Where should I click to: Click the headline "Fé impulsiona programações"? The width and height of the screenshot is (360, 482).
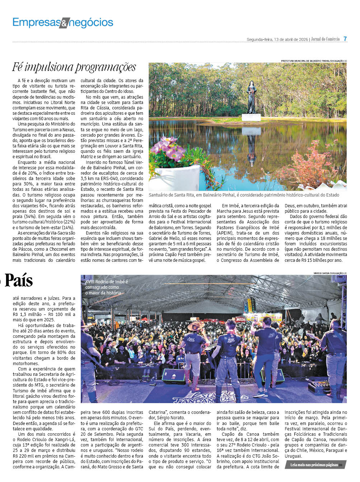pyautogui.click(x=74, y=67)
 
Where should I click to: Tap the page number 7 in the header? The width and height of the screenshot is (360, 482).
pyautogui.click(x=345, y=39)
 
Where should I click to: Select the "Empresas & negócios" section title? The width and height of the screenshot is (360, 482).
pyautogui.click(x=63, y=23)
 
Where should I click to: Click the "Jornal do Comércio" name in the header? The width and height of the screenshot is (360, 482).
pyautogui.click(x=325, y=39)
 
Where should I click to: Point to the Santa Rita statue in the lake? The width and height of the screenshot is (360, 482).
pyautogui.click(x=251, y=97)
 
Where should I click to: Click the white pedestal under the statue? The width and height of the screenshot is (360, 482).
pyautogui.click(x=251, y=117)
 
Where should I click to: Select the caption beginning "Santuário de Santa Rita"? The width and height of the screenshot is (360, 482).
pyautogui.click(x=244, y=195)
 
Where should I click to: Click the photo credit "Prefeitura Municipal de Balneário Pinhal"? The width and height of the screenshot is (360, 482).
pyautogui.click(x=314, y=61)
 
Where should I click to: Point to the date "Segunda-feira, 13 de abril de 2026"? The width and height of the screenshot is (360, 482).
pyautogui.click(x=277, y=39)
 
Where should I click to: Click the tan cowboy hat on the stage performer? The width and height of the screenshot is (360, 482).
pyautogui.click(x=196, y=326)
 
